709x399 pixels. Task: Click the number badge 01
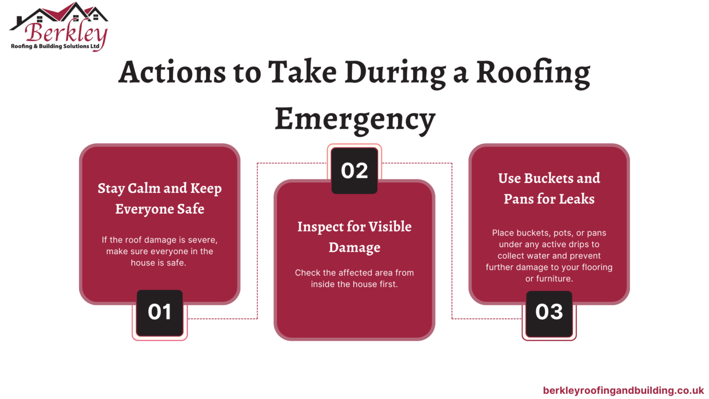click(160, 312)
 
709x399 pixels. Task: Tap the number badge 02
click(354, 171)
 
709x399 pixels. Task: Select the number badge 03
click(549, 312)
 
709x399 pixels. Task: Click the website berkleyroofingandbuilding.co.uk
click(623, 390)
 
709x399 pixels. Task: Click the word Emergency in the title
click(354, 119)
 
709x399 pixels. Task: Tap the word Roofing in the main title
click(533, 72)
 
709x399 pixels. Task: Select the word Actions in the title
click(172, 72)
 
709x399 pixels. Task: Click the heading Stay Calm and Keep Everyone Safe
click(160, 198)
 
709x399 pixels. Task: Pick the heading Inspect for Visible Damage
click(354, 236)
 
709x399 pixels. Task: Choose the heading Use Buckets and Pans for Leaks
click(549, 188)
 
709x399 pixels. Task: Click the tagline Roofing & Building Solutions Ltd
click(55, 46)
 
